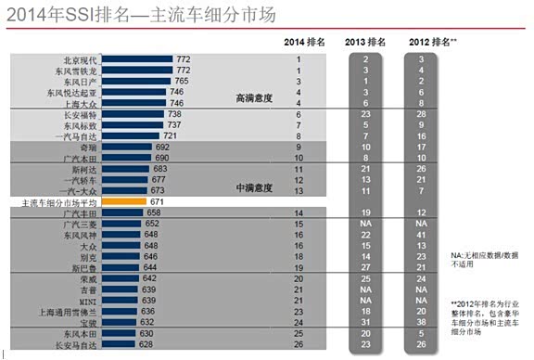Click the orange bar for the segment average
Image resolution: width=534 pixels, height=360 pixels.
click(122, 201)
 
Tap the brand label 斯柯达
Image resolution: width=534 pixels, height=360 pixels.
click(86, 169)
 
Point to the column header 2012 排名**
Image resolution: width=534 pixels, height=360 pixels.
click(426, 42)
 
